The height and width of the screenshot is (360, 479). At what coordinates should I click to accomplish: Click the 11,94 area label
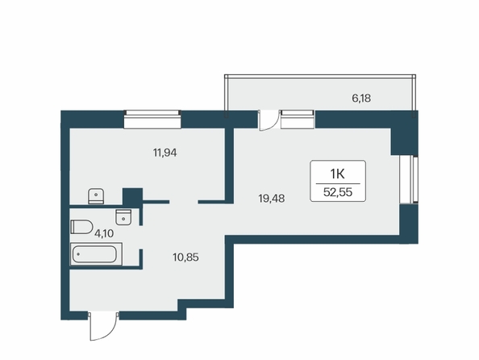pos(165,153)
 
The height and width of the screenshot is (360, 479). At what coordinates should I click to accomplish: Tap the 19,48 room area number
pos(271,199)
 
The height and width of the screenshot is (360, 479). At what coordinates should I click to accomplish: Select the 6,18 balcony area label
pos(361,98)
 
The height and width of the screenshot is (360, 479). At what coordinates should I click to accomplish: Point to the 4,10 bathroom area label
pos(104,234)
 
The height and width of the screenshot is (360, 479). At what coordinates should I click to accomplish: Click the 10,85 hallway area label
pos(185,257)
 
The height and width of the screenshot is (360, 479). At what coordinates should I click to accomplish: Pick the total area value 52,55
pos(338,192)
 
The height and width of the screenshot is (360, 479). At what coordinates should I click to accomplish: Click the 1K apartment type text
pos(338,174)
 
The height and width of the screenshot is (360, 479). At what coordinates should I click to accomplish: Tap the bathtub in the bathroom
pos(96,254)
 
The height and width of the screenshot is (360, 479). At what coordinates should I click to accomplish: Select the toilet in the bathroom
pos(81,227)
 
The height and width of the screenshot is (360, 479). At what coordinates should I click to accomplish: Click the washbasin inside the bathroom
pos(123,217)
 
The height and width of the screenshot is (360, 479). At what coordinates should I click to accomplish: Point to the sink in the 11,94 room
pos(96,196)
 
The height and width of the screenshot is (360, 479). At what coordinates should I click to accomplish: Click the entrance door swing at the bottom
pos(103,326)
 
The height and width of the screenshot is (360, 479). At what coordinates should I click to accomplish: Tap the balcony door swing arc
pos(269,121)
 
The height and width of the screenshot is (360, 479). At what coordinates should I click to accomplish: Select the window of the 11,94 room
pos(152,119)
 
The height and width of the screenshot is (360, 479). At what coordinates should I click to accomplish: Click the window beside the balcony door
pos(298,119)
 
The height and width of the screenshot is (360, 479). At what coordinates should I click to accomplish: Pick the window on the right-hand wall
pos(409,179)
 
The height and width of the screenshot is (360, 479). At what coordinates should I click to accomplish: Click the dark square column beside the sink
pos(132,196)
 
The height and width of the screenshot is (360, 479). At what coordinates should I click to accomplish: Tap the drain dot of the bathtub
pos(78,254)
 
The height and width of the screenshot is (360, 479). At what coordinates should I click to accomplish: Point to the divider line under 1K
pos(338,183)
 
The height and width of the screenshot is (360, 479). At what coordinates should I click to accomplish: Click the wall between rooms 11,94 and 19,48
pos(229,165)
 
